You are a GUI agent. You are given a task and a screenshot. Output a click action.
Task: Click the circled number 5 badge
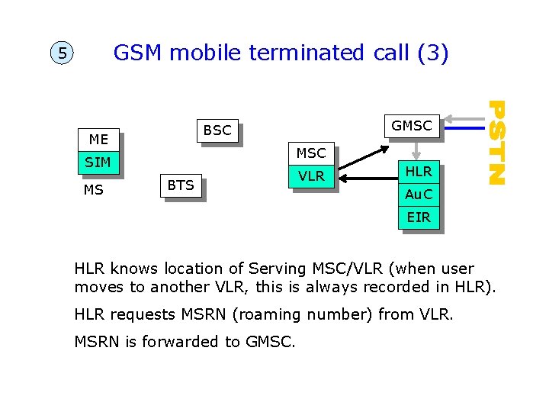(x=61, y=53)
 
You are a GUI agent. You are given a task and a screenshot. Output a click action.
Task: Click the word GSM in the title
(x=138, y=53)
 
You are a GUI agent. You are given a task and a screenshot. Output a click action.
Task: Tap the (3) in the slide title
(x=432, y=53)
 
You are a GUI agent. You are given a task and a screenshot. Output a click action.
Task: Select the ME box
(x=98, y=140)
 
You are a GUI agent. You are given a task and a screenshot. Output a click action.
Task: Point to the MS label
(x=93, y=189)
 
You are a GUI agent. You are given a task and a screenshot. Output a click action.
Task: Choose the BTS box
(x=181, y=185)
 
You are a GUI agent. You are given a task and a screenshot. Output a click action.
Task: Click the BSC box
(x=217, y=130)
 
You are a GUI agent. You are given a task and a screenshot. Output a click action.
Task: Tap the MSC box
(x=311, y=153)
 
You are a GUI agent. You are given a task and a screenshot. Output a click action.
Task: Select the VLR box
(x=311, y=177)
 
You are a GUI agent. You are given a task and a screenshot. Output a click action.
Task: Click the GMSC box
(x=411, y=126)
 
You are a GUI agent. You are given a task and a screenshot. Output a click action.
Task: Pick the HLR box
(x=419, y=172)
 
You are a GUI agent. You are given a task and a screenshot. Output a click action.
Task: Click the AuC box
(x=419, y=195)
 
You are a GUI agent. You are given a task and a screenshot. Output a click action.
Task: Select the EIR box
(x=419, y=217)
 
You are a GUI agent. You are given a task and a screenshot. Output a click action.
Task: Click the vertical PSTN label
(x=496, y=143)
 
